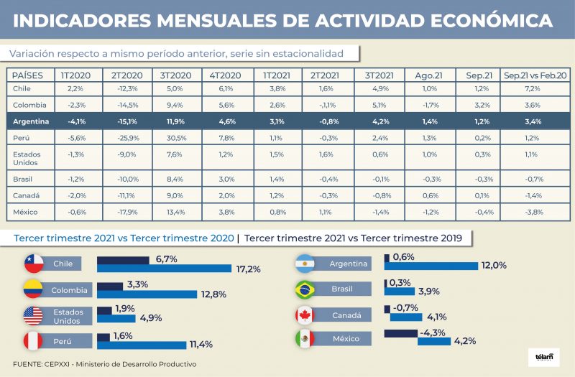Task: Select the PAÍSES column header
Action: tap(28, 75)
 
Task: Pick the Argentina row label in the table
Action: tap(32, 121)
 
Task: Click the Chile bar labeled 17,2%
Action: tap(164, 269)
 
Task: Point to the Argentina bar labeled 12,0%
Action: tap(431, 266)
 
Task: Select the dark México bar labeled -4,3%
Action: tap(401, 332)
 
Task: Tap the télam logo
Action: tap(544, 355)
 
